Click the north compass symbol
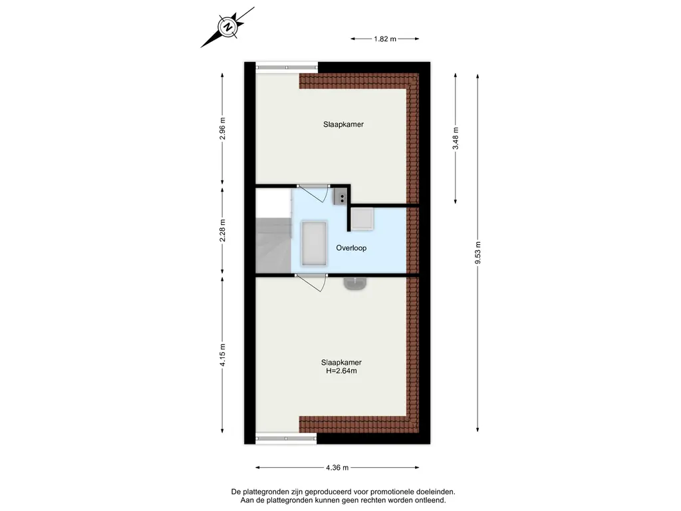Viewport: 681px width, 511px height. (228, 27)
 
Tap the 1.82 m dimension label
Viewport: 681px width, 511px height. (385, 39)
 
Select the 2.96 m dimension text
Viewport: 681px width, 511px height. (222, 128)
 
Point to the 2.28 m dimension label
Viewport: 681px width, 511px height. (222, 230)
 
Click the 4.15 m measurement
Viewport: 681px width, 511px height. (222, 355)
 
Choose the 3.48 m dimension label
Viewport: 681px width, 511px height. (456, 138)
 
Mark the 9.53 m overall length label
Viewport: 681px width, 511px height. (477, 252)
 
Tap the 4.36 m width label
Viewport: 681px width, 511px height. (337, 468)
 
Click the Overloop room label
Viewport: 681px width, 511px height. (351, 248)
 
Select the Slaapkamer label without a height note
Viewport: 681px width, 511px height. (343, 124)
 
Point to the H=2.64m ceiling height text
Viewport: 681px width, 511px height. (341, 371)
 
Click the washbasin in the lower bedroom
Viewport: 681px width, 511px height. (356, 283)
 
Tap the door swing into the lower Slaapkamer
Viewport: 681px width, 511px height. (311, 283)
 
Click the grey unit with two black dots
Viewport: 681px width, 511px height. (340, 197)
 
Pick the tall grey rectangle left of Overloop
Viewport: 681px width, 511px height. (314, 244)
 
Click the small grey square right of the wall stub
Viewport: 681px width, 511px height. (362, 218)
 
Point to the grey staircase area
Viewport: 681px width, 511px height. (273, 246)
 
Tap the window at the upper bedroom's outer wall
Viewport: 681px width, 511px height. (286, 67)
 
